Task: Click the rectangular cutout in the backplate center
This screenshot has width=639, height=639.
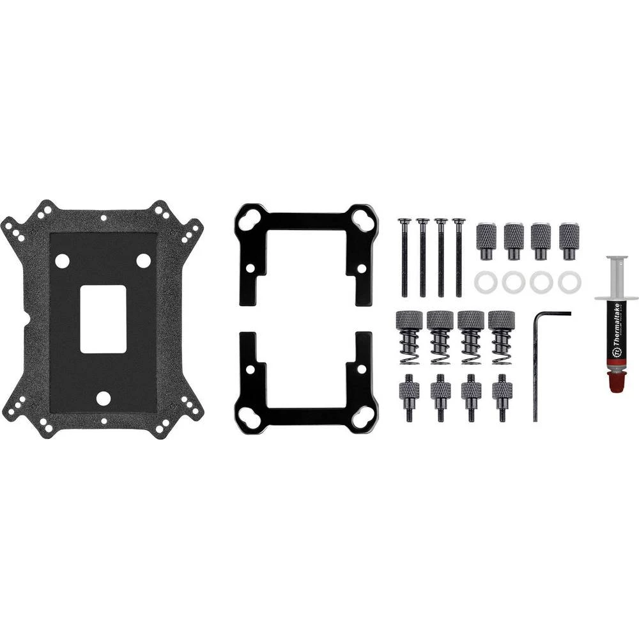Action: pos(103,318)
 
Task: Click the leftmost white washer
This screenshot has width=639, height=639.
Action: pos(486,282)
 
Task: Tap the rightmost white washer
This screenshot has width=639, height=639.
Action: pos(569,282)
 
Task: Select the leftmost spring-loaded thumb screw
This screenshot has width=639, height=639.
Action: pos(409,336)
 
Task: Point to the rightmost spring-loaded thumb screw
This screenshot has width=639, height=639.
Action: pos(502,336)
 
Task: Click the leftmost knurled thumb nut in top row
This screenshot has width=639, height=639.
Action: pos(486,240)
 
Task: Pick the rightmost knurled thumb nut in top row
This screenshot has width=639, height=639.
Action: pos(569,240)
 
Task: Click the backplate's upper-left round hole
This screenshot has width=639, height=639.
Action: pos(62,261)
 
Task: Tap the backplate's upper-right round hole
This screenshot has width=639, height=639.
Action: pos(144,261)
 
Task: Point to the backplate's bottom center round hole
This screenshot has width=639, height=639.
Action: pos(103,398)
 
